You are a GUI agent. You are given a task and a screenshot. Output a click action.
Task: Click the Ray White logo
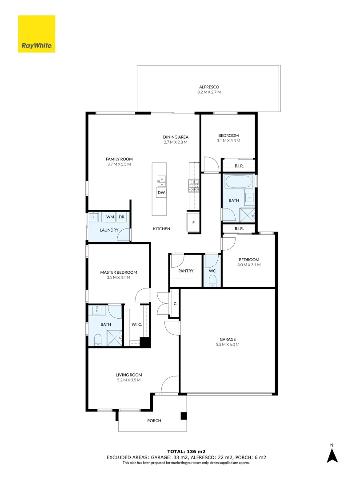click(x=36, y=34)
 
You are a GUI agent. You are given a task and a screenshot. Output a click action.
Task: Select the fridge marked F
click(x=193, y=222)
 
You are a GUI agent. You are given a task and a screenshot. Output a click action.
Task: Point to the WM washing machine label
click(x=110, y=217)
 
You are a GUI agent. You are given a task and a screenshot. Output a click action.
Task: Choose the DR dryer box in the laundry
click(x=121, y=217)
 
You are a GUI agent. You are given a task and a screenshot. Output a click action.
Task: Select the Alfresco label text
click(x=209, y=87)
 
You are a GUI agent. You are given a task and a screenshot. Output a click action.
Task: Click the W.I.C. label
click(x=136, y=324)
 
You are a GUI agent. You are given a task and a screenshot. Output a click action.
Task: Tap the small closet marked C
click(x=175, y=304)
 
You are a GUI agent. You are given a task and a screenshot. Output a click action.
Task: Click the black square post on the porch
click(x=184, y=416)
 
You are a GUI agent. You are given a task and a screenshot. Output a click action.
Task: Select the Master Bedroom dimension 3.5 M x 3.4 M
click(x=118, y=277)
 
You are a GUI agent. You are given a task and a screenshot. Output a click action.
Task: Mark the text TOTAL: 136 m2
click(x=186, y=452)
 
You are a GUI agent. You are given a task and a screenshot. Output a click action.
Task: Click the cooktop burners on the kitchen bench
click(x=193, y=185)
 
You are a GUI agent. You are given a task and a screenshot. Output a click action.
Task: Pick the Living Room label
click(x=128, y=375)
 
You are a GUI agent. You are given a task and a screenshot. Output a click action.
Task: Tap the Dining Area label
click(x=176, y=137)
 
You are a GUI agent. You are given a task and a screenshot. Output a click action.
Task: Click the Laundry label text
click(x=109, y=230)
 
